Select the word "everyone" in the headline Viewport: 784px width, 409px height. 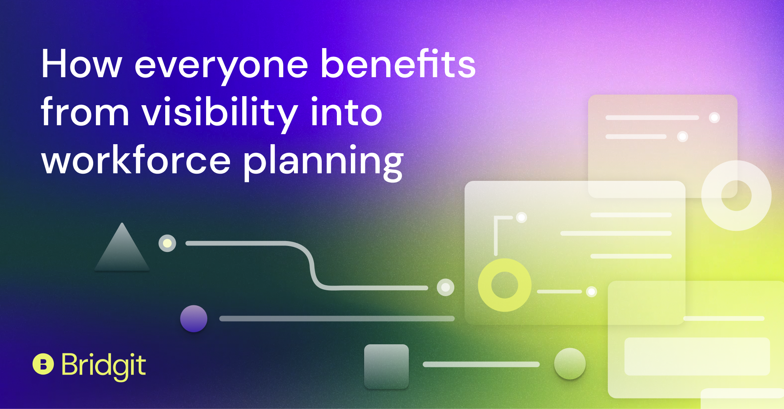pos(222,67)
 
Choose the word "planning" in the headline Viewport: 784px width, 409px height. pos(324,163)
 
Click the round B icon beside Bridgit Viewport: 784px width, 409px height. pos(43,364)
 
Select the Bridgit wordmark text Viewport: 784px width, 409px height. pos(103,366)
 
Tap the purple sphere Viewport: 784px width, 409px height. pos(194,319)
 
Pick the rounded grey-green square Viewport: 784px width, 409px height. pos(387,366)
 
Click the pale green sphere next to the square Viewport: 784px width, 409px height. pos(570,364)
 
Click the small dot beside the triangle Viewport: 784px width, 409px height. pos(167,243)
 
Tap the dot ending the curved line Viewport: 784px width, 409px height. pos(446,287)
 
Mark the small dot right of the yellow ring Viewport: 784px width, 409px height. pos(592,292)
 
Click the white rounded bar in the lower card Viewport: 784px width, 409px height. pos(697,356)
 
